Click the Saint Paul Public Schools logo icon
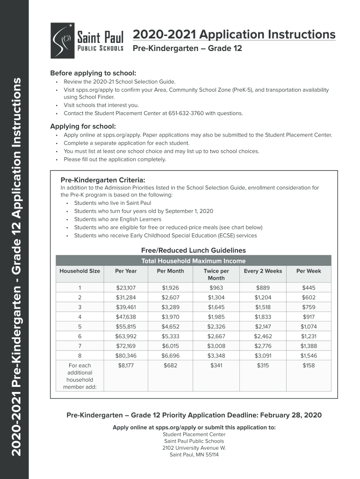[x=62, y=41]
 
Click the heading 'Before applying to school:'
[x=93, y=73]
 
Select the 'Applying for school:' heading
[x=83, y=126]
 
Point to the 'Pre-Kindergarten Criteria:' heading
[x=103, y=180]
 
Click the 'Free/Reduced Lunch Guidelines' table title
[x=193, y=250]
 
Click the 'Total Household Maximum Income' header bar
[x=193, y=261]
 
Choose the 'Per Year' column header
[x=125, y=271]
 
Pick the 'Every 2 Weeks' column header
[x=263, y=271]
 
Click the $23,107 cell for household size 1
[x=125, y=288]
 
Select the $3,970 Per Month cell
[x=170, y=317]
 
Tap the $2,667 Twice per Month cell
[x=216, y=336]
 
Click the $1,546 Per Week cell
[x=308, y=356]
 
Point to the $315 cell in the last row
[x=263, y=365]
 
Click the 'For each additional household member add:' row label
[x=79, y=376]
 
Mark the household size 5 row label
[x=79, y=327]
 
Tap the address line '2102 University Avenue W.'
[x=194, y=448]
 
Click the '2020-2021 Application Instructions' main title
[x=234, y=35]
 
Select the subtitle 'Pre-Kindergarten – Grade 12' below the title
[x=187, y=49]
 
